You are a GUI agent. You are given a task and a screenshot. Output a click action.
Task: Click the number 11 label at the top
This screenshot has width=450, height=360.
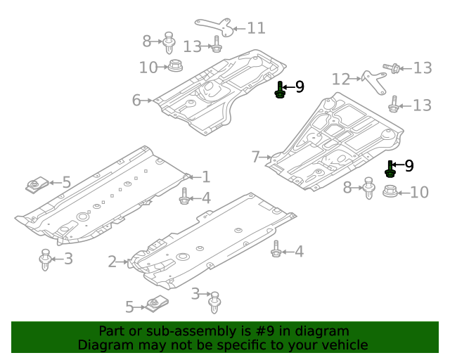pos(255,28)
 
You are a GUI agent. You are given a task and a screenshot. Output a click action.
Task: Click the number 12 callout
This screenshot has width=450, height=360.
pos(341,79)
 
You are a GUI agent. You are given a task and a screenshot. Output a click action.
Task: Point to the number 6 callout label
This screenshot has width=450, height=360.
pos(136,101)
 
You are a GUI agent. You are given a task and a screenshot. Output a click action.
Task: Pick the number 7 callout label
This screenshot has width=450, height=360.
pos(256,157)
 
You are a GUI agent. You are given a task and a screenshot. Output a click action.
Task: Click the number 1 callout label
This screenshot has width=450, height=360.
pos(205,177)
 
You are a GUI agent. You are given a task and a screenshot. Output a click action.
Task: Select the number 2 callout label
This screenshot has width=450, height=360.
pos(112,262)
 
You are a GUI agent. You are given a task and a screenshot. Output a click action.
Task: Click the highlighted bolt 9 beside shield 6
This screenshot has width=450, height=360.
pos(281,90)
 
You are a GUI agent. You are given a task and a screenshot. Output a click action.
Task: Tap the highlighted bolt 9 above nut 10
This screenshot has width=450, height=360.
pos(390,169)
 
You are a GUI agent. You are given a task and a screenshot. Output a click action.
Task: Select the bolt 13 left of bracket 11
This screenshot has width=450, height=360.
pos(216,47)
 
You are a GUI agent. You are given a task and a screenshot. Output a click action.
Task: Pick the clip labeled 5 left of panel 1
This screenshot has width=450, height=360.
pos(33,186)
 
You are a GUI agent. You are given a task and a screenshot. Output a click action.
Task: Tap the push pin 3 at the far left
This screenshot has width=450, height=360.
pos(46,259)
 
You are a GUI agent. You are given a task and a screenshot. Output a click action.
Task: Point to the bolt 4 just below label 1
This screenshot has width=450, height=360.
pos(184,197)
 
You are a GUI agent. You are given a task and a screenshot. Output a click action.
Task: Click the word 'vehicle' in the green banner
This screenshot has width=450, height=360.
pos(342,345)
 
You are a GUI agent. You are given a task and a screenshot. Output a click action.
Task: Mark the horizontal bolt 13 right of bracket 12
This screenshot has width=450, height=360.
pos(394,68)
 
